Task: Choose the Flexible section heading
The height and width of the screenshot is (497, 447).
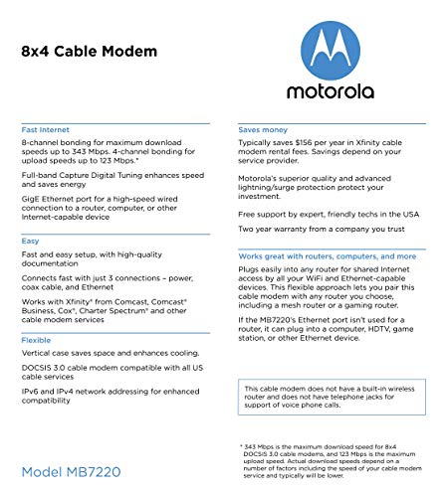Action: tap(37, 338)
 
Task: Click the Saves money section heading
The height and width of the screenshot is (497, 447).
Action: tap(264, 130)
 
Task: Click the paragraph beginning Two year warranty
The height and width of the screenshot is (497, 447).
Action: tap(320, 230)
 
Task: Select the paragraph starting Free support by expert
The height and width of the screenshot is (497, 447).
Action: tap(328, 214)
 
